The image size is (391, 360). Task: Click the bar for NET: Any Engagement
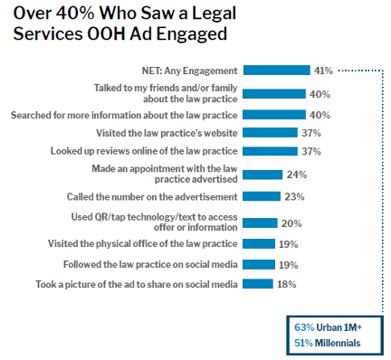[x=277, y=70]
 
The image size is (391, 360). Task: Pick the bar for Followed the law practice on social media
[x=259, y=264]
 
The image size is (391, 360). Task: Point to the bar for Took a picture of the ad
[x=258, y=284]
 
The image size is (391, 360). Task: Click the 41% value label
[x=323, y=70]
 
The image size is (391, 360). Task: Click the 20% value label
[x=291, y=222]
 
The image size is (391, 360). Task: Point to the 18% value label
[x=287, y=284]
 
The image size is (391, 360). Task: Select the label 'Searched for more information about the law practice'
[x=124, y=115]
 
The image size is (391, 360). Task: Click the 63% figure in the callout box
[x=304, y=327]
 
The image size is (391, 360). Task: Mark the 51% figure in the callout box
[x=304, y=343]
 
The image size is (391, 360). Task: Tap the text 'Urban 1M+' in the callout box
[x=341, y=327]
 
